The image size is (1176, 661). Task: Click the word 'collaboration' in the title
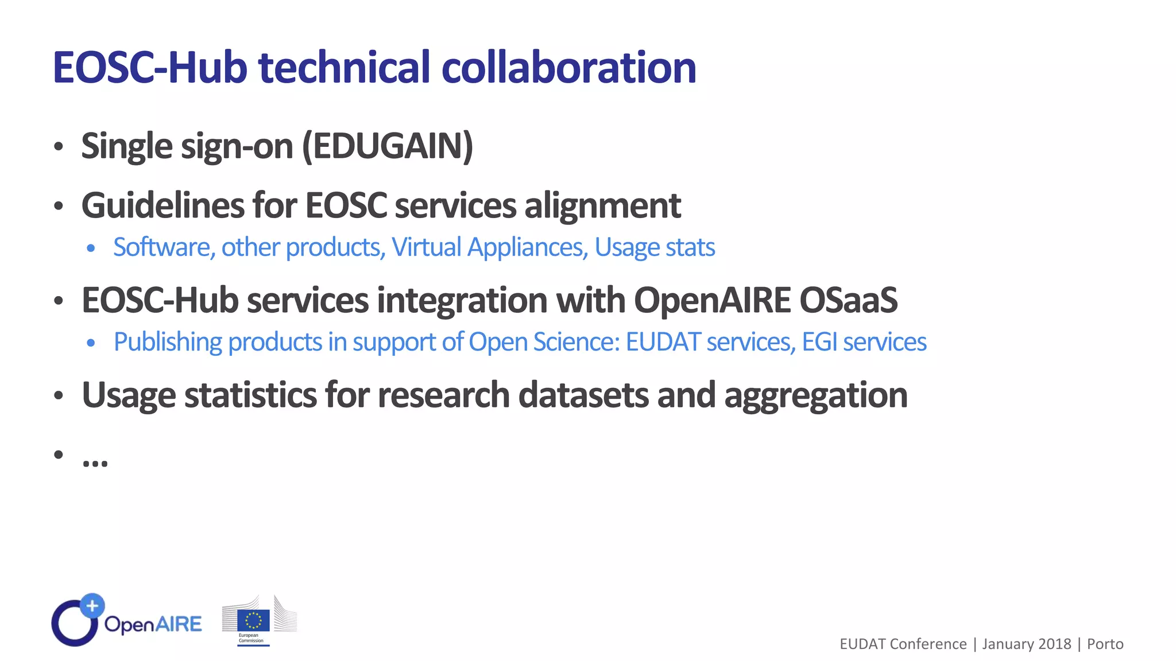click(568, 68)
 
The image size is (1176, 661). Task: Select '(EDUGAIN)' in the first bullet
click(388, 146)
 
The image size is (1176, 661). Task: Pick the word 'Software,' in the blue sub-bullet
click(164, 248)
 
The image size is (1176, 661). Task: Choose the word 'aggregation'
click(815, 395)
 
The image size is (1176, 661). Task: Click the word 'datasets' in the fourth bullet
click(583, 395)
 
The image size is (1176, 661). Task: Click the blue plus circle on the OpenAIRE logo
click(92, 605)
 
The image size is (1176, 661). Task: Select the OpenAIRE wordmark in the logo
click(153, 624)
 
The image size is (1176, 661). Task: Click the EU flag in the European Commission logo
click(253, 620)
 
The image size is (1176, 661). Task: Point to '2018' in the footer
click(1054, 644)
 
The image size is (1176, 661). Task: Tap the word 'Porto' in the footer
click(1105, 644)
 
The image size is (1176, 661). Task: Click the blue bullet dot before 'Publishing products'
click(91, 343)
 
